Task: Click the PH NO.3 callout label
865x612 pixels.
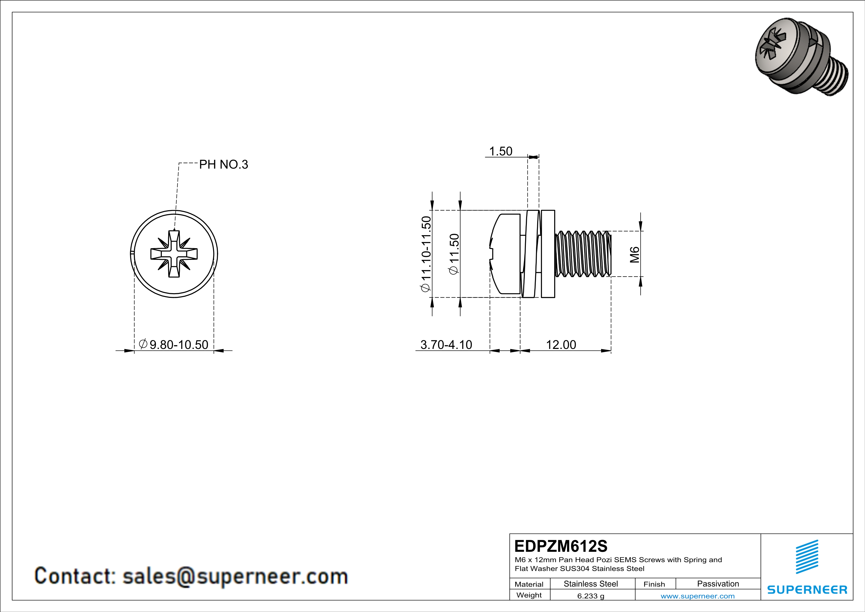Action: coord(223,165)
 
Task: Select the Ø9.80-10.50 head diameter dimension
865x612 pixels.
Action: coord(174,344)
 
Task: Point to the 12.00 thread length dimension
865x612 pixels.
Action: coord(561,344)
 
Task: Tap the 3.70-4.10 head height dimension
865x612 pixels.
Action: coord(446,344)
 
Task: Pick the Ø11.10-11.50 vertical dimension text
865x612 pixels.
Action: coord(426,254)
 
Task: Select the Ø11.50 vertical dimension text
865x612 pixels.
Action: coord(454,254)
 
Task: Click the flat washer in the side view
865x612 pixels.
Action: coord(548,254)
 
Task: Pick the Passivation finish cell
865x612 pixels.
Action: coord(718,584)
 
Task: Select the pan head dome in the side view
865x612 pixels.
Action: coord(505,254)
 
